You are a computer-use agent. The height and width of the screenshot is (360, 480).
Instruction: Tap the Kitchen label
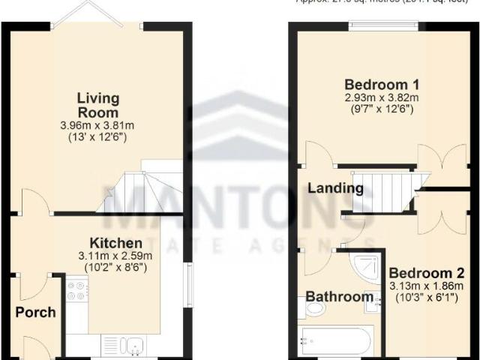coord(116,244)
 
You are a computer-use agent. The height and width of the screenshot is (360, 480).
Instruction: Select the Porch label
coord(35,311)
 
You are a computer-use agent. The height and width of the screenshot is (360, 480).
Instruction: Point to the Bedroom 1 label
coord(382,84)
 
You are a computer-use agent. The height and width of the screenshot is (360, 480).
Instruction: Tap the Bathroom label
coord(339,297)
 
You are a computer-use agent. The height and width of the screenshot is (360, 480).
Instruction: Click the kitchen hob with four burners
coord(77,291)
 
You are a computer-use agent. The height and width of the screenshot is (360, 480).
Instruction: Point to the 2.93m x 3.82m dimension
coord(382,98)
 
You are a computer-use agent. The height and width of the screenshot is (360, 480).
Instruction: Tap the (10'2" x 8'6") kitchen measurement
coord(116,268)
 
